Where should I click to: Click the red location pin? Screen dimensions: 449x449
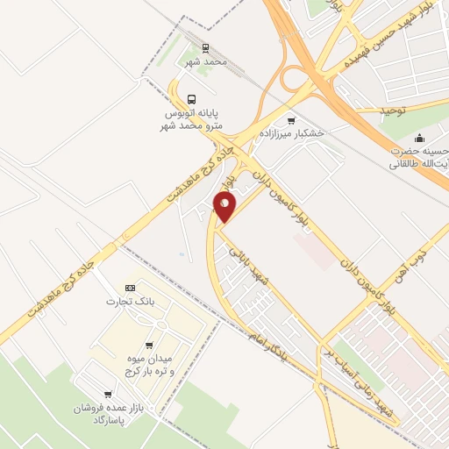click(225, 207)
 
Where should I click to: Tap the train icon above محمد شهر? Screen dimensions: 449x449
click(205, 48)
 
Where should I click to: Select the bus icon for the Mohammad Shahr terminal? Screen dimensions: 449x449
click(192, 98)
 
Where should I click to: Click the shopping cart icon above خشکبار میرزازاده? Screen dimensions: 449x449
click(291, 119)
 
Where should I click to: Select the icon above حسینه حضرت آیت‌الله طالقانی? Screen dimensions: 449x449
click(420, 137)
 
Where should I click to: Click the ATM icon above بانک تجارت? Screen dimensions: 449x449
click(130, 288)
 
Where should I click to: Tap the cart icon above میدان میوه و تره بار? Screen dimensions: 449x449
click(150, 346)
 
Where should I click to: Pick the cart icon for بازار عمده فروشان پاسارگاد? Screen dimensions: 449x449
click(107, 396)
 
